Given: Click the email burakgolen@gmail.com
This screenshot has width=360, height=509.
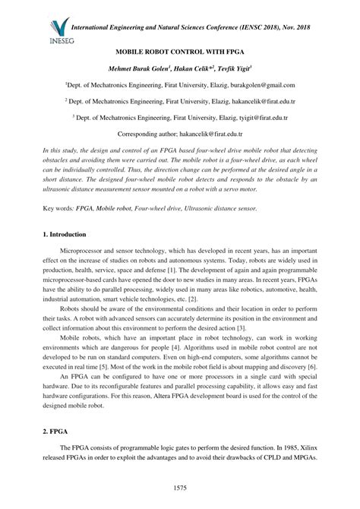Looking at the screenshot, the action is [260, 85].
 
